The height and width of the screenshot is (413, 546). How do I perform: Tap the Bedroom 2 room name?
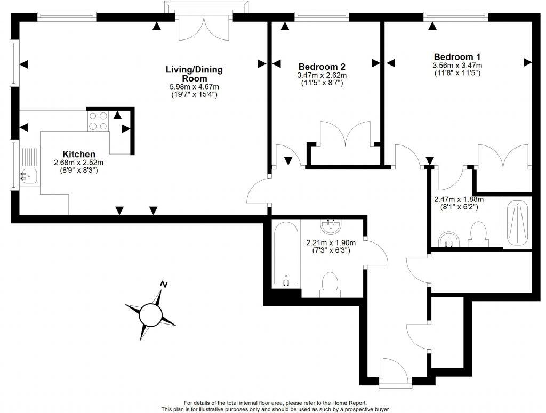click(322, 67)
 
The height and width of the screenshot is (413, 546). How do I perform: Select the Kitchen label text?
click(79, 154)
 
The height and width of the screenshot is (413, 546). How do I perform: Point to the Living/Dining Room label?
click(194, 74)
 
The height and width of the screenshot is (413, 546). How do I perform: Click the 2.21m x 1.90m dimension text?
click(331, 242)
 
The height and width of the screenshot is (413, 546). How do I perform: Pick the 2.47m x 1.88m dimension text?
click(459, 199)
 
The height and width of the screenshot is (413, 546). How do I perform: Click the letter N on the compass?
click(164, 284)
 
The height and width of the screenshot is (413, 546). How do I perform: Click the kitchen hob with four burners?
click(98, 121)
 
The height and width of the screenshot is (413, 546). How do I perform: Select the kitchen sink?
click(30, 165)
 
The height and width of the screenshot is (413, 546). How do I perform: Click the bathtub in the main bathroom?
click(286, 254)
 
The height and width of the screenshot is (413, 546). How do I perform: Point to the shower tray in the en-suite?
click(517, 223)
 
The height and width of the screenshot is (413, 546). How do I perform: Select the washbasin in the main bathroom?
click(331, 226)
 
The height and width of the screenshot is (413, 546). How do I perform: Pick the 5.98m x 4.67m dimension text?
click(194, 87)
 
